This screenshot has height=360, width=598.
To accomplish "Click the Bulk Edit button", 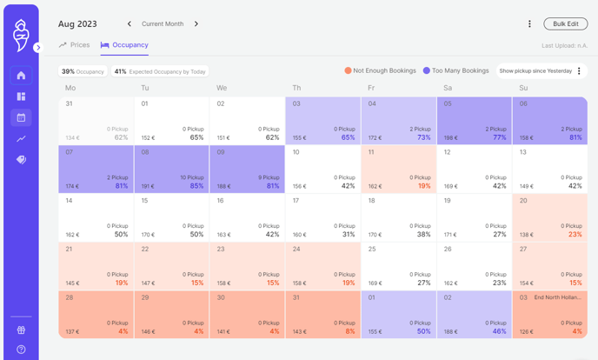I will click(x=565, y=24).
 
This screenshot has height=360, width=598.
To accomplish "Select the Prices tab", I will click(x=75, y=45).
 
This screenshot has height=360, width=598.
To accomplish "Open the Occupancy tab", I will click(x=124, y=45).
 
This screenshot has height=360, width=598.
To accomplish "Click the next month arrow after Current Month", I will click(x=196, y=24).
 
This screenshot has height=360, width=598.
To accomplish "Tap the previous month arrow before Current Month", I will click(x=130, y=24).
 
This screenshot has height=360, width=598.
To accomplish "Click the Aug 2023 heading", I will click(x=77, y=24).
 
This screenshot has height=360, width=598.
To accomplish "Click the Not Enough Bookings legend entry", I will click(x=380, y=71).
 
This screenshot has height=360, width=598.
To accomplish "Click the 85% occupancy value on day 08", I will click(x=196, y=186).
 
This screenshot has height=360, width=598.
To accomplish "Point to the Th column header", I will click(x=296, y=88).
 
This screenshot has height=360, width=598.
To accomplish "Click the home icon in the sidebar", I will click(x=22, y=76).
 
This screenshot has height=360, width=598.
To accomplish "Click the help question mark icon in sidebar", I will click(x=22, y=349).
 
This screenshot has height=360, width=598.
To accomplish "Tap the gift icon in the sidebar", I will click(x=22, y=330).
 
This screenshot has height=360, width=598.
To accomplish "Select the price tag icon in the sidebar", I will click(x=22, y=160).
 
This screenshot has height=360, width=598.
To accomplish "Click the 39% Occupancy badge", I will click(x=83, y=71).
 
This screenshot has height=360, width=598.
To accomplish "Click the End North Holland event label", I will click(x=557, y=297).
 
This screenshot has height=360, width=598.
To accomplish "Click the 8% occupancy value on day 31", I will click(x=349, y=331).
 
